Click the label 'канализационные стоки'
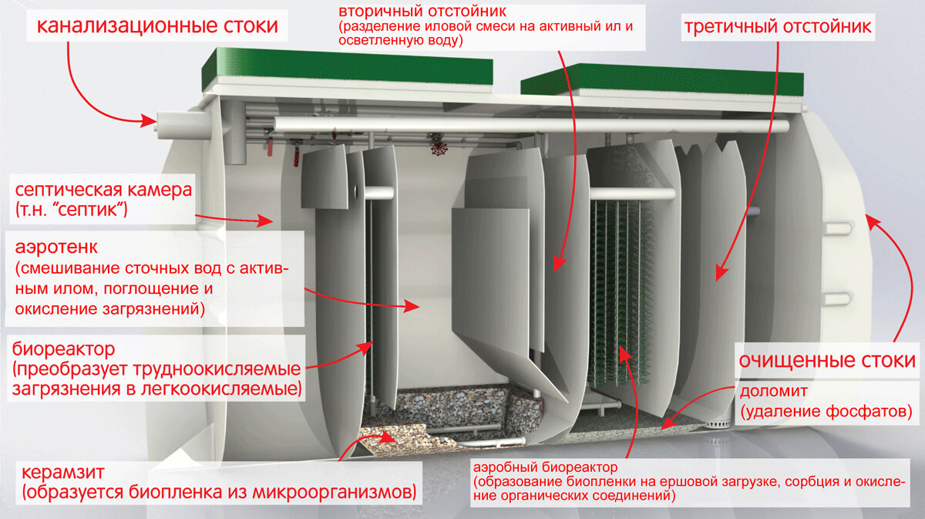tap(157, 25)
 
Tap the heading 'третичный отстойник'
tap(778, 27)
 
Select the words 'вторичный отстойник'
tap(422, 11)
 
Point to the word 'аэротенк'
tap(56, 248)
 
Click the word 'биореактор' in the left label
tap(63, 349)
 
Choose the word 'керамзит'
tap(63, 472)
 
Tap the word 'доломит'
tap(773, 390)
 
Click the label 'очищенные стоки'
tap(827, 361)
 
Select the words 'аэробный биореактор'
tap(546, 467)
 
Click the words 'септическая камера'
tap(103, 190)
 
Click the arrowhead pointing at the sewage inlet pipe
tap(149, 121)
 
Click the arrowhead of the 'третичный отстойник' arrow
tap(721, 273)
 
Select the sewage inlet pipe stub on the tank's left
tap(183, 125)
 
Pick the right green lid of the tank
tap(662, 80)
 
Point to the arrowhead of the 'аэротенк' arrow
tap(413, 306)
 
